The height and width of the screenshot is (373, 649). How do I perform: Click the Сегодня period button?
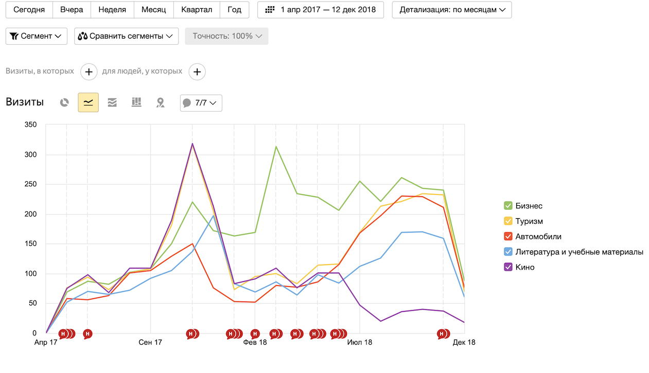coord(29,10)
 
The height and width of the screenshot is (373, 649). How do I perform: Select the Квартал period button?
coord(197,10)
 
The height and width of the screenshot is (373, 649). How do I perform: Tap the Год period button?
coord(234,10)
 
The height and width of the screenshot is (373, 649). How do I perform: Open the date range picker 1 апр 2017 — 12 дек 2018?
coord(321,10)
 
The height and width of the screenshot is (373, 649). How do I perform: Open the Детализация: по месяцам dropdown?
coord(451,10)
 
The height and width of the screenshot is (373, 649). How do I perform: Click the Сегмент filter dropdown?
coord(36,36)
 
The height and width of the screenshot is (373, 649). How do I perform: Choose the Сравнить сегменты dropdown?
coord(126,36)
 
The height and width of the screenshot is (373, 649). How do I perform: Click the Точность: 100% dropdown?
coord(226,36)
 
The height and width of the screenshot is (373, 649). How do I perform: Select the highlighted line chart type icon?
coord(88,102)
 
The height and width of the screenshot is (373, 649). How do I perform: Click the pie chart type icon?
coord(64,102)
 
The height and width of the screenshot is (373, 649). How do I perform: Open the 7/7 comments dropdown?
coord(201,103)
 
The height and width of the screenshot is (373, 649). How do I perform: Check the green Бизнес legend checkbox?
coord(508,206)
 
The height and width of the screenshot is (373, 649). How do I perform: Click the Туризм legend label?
coord(529,221)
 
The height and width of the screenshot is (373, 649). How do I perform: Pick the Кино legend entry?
coord(525,267)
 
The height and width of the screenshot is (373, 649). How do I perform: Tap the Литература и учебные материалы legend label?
coord(579,252)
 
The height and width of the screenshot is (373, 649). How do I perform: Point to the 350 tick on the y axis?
coord(30,125)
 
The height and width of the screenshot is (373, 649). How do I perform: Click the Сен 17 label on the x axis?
coord(150,342)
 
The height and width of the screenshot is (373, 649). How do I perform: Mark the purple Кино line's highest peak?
coord(192,144)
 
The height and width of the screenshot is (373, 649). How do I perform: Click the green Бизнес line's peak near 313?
coord(276,147)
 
